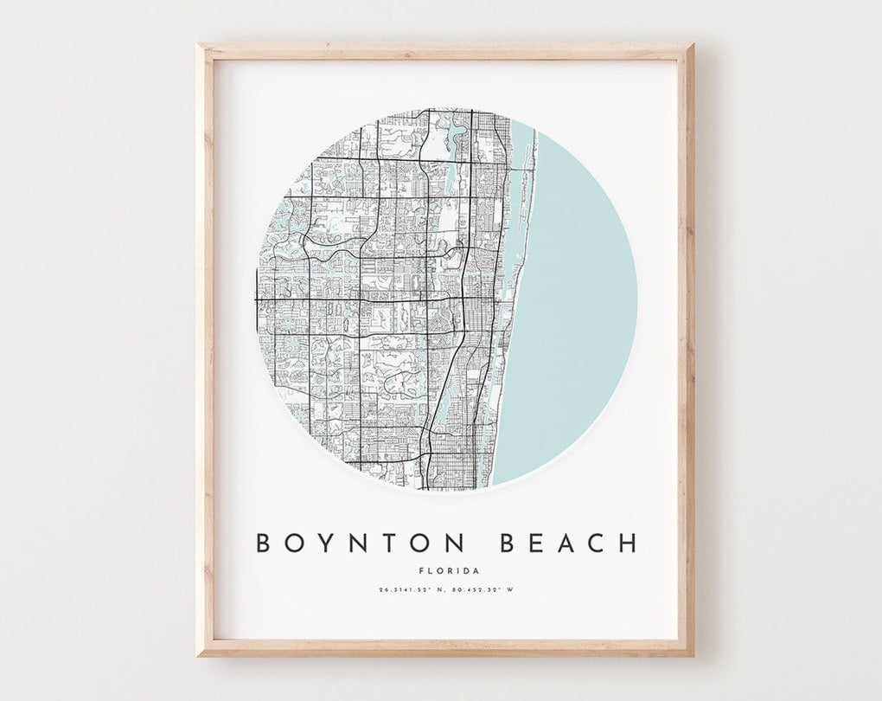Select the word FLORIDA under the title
tap(447, 570)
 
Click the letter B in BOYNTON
tap(263, 543)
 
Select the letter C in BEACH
tap(596, 543)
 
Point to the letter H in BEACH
tap(628, 543)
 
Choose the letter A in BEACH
tap(566, 543)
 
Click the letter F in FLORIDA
tap(419, 570)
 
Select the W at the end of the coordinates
tap(510, 590)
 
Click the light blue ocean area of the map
tap(579, 303)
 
